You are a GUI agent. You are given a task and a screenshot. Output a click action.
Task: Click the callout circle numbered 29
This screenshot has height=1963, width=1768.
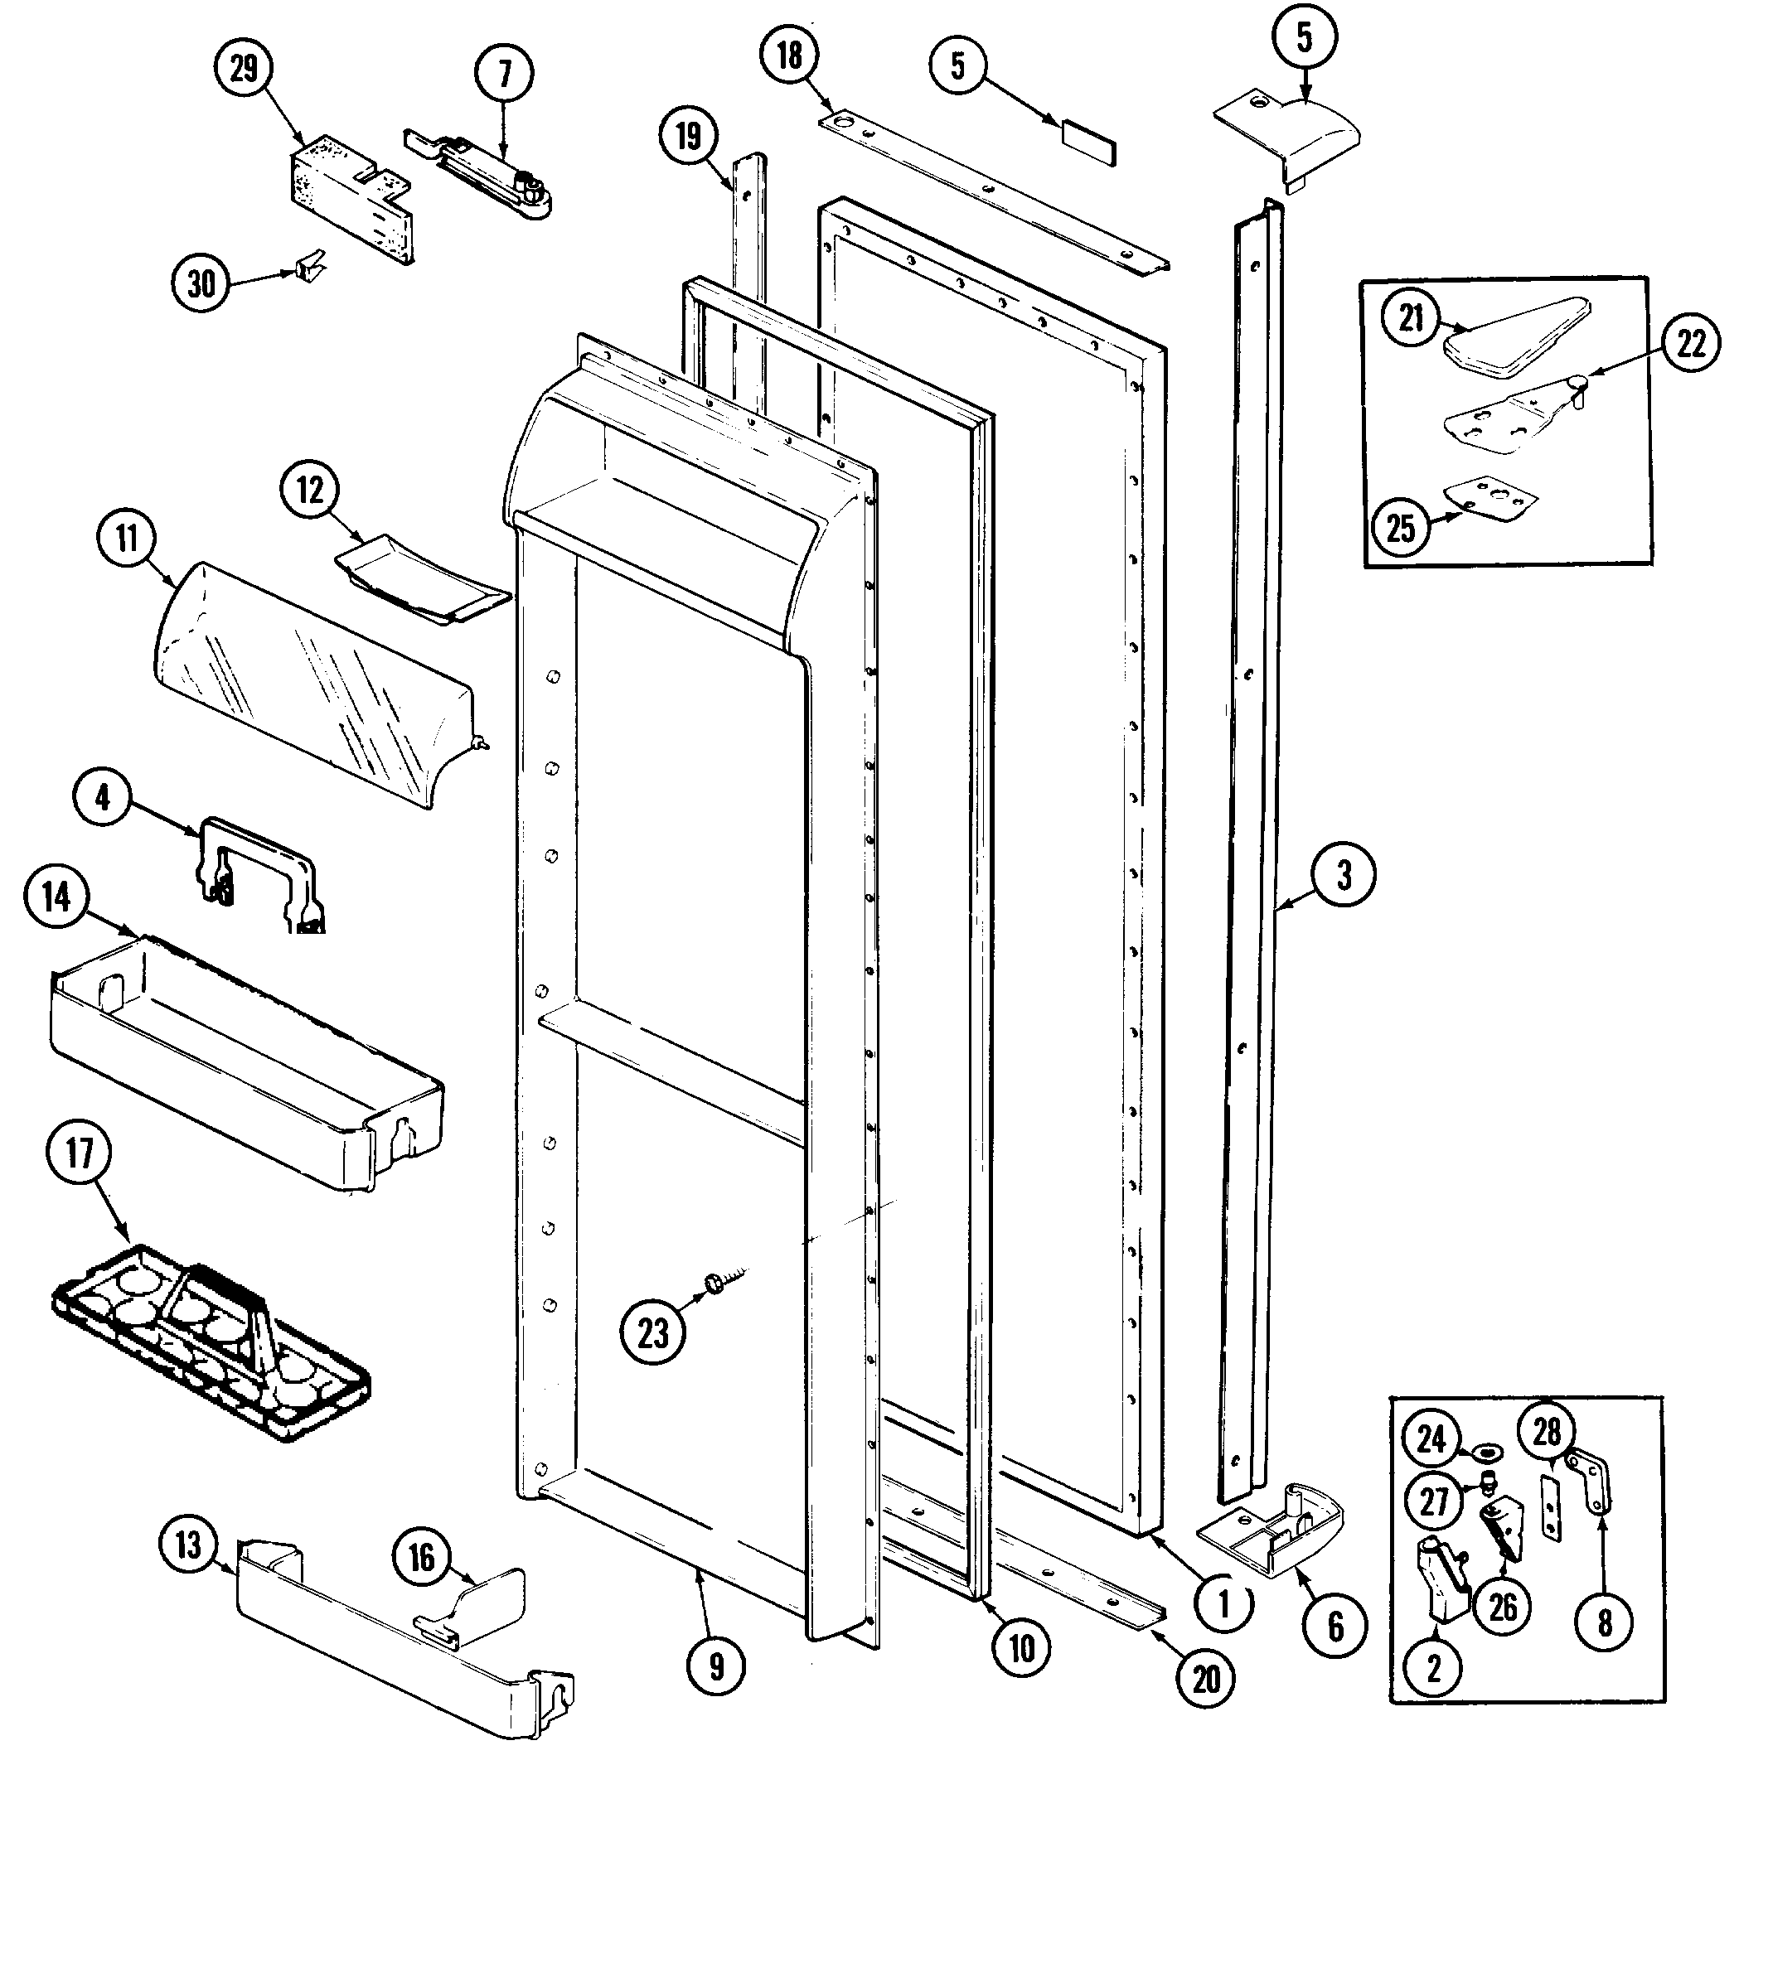243,69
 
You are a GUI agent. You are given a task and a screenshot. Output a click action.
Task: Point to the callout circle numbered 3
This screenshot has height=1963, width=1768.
1344,875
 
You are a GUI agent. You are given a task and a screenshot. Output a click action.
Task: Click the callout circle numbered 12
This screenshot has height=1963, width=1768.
309,491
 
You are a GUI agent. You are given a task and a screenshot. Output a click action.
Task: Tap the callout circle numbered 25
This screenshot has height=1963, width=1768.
1401,529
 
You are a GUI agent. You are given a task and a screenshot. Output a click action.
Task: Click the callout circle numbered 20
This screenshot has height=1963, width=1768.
1205,1679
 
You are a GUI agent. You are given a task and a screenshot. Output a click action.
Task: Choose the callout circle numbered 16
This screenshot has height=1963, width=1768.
420,1559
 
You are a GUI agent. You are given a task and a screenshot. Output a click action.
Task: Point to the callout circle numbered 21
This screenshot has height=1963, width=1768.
1412,317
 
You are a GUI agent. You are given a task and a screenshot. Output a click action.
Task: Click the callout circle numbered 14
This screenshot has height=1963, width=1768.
56,897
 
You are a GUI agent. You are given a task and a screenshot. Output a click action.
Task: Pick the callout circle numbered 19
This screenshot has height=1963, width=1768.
688,136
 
